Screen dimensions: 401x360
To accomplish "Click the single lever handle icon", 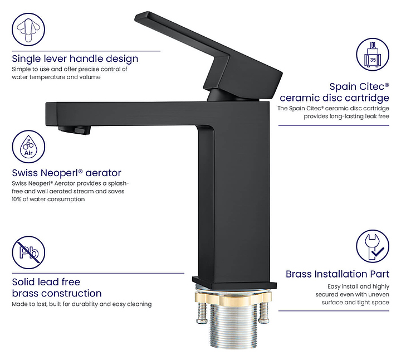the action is [x=28, y=30].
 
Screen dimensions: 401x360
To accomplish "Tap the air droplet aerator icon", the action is [x=28, y=147].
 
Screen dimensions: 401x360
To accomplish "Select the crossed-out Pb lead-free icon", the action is [x=28, y=252].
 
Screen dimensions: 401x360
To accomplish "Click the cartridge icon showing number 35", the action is [x=373, y=54].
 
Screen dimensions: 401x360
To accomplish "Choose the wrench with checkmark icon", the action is [x=373, y=246].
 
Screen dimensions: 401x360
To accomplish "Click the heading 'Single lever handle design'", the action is [x=75, y=59].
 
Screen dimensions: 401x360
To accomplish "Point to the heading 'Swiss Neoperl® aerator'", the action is [x=66, y=173].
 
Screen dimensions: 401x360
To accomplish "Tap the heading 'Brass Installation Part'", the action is [x=338, y=274].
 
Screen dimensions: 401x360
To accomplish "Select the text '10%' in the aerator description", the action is [x=16, y=200].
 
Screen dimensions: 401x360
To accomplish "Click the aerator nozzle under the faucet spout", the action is [x=75, y=129].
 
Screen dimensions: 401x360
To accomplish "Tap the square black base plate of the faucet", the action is [x=234, y=282].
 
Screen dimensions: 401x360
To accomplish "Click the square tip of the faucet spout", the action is [x=51, y=114].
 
